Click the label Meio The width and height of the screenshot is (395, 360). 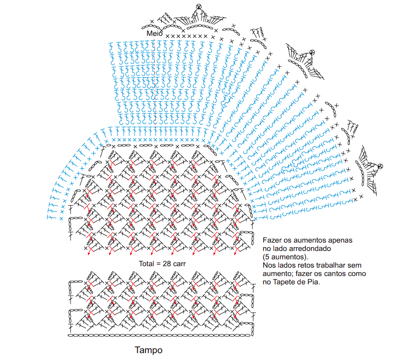(x=155, y=33)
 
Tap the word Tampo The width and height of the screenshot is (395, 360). (x=148, y=351)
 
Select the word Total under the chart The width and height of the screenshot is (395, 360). (x=146, y=263)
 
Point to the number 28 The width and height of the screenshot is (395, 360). (x=167, y=263)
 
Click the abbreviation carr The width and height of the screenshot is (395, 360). (x=178, y=263)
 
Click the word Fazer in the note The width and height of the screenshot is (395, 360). (x=272, y=241)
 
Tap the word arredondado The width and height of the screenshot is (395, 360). (x=305, y=249)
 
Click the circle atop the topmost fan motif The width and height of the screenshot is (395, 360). (x=198, y=6)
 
